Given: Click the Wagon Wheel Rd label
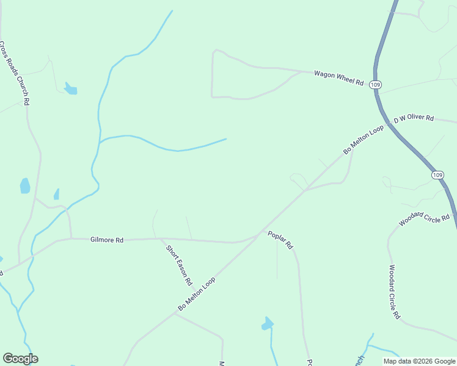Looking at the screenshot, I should pyautogui.click(x=338, y=78).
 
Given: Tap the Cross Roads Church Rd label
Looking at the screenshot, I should pyautogui.click(x=15, y=74).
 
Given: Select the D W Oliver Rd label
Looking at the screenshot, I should pyautogui.click(x=414, y=117).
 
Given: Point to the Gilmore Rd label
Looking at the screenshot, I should pyautogui.click(x=107, y=240).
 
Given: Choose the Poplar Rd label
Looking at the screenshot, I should pyautogui.click(x=280, y=239).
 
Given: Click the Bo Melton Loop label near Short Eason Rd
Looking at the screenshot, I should pyautogui.click(x=198, y=292).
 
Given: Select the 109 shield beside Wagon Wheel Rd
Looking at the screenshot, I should pyautogui.click(x=376, y=85).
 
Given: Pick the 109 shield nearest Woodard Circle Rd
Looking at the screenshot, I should pyautogui.click(x=437, y=175).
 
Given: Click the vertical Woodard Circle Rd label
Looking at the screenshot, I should pyautogui.click(x=394, y=292).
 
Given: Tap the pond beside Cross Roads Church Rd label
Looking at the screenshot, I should pyautogui.click(x=71, y=89).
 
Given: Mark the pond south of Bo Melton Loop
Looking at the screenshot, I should pyautogui.click(x=267, y=323).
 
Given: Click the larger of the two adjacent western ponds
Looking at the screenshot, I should pyautogui.click(x=25, y=185).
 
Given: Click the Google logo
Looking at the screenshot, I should pyautogui.click(x=20, y=359).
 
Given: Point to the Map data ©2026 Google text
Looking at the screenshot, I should pyautogui.click(x=419, y=361).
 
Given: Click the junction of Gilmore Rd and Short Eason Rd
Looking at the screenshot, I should pyautogui.click(x=162, y=239).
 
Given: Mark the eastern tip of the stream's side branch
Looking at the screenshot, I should pyautogui.click(x=226, y=139).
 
